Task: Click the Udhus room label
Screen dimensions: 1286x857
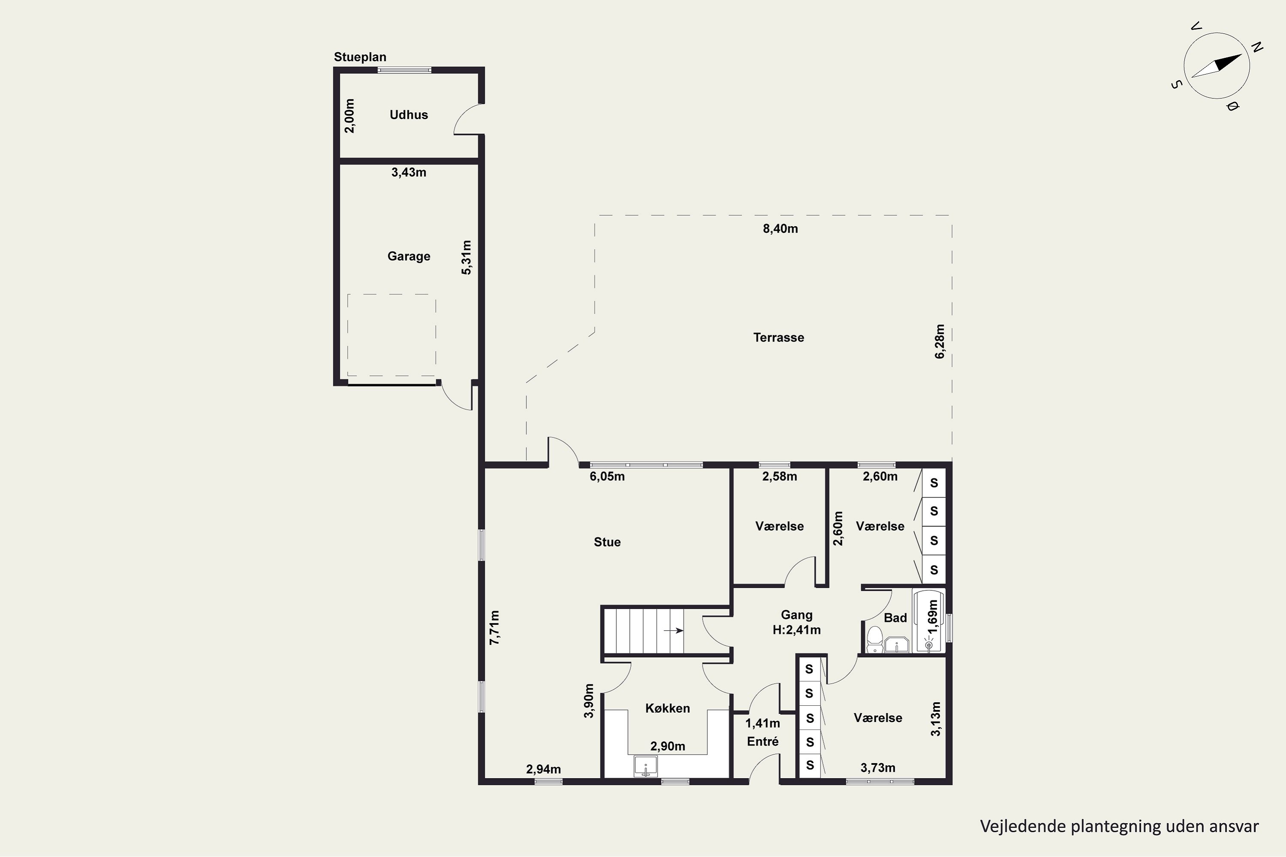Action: (x=409, y=115)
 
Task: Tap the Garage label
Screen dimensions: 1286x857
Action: (x=409, y=256)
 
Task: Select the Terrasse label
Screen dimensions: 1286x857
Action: (x=778, y=338)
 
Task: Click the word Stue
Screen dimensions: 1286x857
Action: (x=607, y=542)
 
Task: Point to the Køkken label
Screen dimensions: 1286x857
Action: (x=667, y=708)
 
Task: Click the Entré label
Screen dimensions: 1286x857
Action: (x=763, y=742)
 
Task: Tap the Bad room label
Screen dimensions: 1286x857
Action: (x=895, y=618)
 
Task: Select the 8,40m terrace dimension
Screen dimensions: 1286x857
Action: (x=780, y=229)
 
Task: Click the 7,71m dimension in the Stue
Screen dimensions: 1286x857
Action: (x=494, y=627)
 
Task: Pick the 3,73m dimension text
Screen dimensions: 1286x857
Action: (x=877, y=768)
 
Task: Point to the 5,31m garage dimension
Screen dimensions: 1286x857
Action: (x=466, y=258)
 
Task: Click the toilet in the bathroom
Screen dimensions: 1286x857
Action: (x=875, y=639)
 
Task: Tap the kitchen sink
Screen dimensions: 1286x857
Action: (x=646, y=766)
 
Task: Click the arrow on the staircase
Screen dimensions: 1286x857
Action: (x=673, y=630)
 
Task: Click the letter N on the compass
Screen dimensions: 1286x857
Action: (x=1257, y=48)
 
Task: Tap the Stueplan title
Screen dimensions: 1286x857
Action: (x=360, y=57)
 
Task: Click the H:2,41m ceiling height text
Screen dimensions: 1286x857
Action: (x=796, y=630)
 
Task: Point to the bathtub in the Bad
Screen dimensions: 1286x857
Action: (x=929, y=621)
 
